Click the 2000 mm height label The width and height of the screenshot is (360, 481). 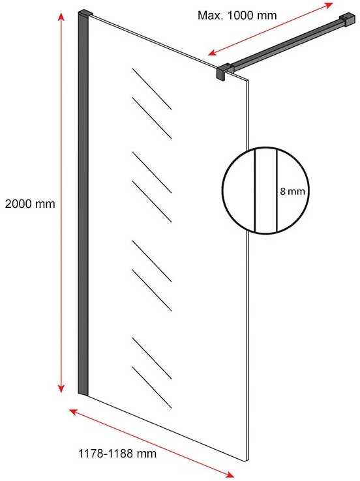(30, 204)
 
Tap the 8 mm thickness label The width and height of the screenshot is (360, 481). (292, 192)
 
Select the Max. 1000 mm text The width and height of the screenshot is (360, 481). (237, 15)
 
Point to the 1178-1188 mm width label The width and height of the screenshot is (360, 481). (117, 454)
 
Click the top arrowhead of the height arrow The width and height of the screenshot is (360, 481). (62, 16)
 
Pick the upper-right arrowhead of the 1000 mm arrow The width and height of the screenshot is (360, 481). (329, 5)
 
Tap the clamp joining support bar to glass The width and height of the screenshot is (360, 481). (224, 72)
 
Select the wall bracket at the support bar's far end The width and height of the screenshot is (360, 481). (348, 20)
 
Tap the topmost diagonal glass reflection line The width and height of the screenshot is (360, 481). (152, 89)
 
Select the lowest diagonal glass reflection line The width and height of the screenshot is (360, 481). (152, 387)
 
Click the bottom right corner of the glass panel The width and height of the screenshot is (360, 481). (248, 461)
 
